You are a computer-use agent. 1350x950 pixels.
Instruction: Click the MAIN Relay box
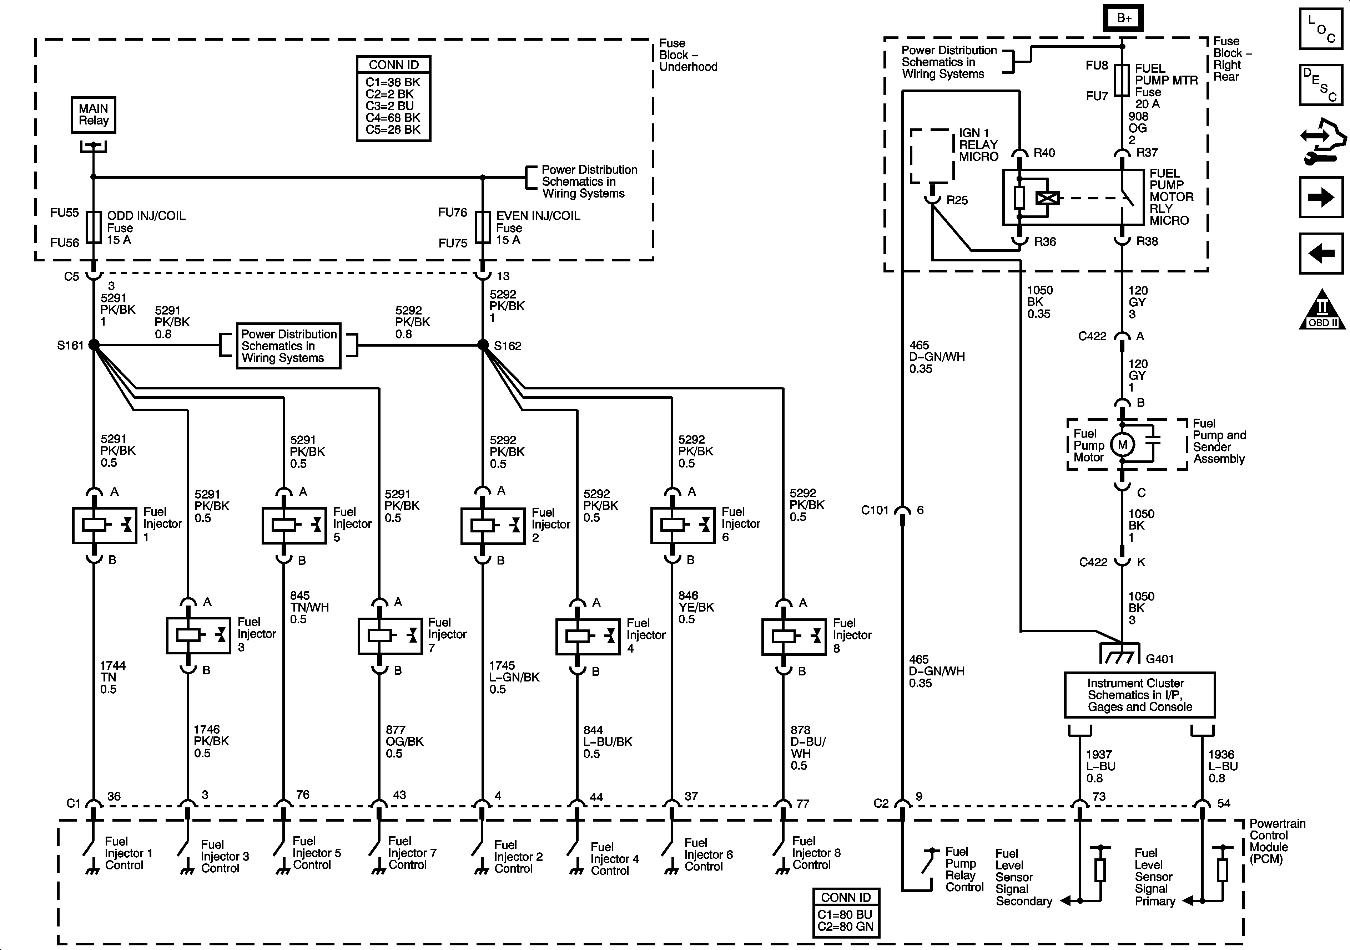[x=94, y=114]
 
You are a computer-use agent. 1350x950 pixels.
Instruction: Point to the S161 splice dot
[x=94, y=345]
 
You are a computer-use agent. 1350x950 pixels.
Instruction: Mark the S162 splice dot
[x=483, y=345]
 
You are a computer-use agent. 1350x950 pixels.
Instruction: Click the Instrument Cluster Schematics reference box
[x=1139, y=695]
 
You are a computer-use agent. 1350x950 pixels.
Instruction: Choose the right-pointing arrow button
[x=1321, y=198]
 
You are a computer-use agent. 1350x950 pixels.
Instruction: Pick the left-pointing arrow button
[x=1321, y=253]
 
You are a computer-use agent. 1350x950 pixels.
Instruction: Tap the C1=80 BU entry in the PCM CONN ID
[x=846, y=915]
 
